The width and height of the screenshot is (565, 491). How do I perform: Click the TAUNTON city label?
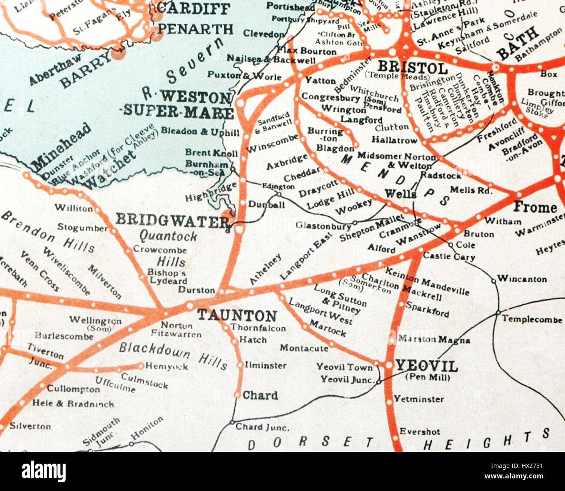[x=237, y=315]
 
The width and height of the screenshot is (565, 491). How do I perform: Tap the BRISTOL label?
[x=412, y=68]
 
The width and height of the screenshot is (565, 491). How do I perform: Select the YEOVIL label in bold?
[x=426, y=366]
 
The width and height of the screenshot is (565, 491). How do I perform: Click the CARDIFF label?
[x=193, y=7]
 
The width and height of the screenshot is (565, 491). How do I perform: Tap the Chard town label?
[x=260, y=395]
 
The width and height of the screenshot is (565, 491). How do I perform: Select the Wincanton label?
[x=522, y=279]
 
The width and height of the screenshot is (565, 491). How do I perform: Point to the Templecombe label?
[x=532, y=319]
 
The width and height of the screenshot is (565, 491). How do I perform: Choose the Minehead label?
[x=61, y=146]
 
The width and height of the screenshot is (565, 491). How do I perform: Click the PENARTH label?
[x=195, y=29]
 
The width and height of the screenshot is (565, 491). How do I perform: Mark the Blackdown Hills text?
[x=173, y=355]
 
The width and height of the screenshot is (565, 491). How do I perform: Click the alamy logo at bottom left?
[x=43, y=471]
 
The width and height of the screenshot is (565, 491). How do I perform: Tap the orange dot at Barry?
[x=117, y=53]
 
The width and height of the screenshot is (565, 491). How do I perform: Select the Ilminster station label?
[x=266, y=365]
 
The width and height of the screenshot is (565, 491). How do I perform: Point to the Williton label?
[x=73, y=208]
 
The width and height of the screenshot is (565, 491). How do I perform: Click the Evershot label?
[x=419, y=431]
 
